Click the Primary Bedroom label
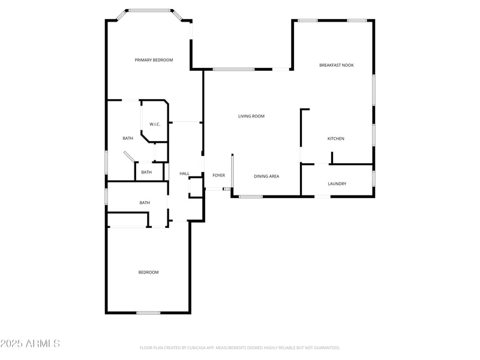(154, 60)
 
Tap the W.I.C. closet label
(155, 124)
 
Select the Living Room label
(251, 116)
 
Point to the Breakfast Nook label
(336, 65)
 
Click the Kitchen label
(335, 139)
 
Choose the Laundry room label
(337, 184)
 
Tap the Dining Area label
(266, 176)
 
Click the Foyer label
(218, 175)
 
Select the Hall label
(184, 174)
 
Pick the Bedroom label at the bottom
(148, 272)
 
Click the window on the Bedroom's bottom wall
(148, 313)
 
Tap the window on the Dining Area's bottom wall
(251, 196)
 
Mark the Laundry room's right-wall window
(373, 179)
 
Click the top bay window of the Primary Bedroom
(149, 10)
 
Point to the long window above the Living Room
(233, 70)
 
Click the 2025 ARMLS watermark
(30, 344)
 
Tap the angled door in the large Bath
(129, 157)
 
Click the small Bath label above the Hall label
(146, 172)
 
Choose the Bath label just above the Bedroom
(145, 203)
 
